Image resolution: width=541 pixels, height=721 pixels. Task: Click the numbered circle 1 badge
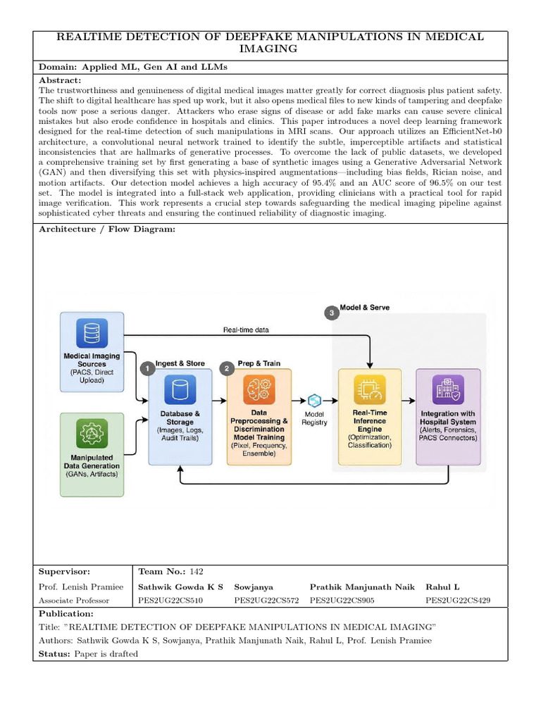(x=147, y=368)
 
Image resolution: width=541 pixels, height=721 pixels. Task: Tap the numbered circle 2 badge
(x=227, y=368)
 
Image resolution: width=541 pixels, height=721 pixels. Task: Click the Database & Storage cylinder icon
(x=180, y=390)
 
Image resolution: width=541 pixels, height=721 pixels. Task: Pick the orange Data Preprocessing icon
(x=258, y=390)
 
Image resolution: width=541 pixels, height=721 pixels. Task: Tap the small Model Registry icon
(x=315, y=400)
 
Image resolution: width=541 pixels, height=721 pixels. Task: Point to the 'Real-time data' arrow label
(x=246, y=330)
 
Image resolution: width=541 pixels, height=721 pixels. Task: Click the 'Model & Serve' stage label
(x=365, y=308)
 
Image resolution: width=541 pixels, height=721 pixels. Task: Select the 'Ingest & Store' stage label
(x=180, y=363)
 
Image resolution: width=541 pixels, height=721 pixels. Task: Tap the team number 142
(x=196, y=572)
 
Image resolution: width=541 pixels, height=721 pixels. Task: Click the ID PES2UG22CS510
(x=170, y=601)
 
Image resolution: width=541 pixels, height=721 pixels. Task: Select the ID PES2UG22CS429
(x=458, y=601)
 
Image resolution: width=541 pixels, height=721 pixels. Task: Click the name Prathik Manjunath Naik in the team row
(x=362, y=587)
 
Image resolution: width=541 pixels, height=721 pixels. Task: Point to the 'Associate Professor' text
(x=74, y=601)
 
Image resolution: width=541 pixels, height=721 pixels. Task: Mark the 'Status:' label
(x=54, y=654)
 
